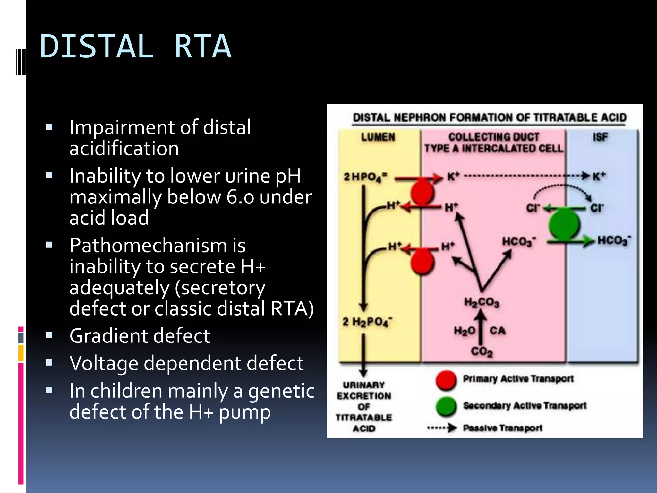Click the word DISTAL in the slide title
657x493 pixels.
(x=96, y=47)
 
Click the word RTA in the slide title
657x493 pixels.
(x=203, y=47)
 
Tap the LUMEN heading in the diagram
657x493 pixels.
(x=378, y=137)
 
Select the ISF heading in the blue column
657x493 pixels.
(x=600, y=137)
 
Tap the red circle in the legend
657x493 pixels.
(x=446, y=380)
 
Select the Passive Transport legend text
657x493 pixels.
(x=502, y=428)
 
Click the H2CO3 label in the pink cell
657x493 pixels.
(x=482, y=302)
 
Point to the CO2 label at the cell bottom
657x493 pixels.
(x=482, y=352)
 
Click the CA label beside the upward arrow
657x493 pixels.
(x=497, y=331)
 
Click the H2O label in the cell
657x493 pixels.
(x=464, y=331)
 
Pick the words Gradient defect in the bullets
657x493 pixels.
(x=140, y=336)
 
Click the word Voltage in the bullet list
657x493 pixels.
(x=104, y=363)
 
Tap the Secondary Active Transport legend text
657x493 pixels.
(x=524, y=406)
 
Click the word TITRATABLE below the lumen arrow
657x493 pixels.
(x=364, y=418)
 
